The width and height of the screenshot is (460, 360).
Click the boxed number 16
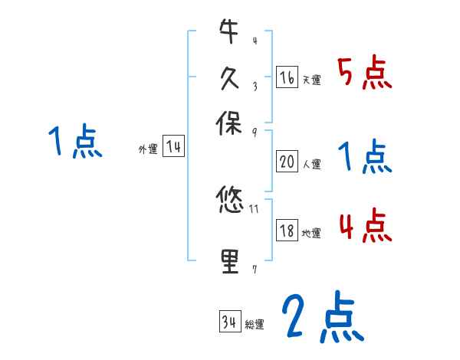[x=287, y=78]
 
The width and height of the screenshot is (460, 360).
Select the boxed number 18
[x=287, y=231]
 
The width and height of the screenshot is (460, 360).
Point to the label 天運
[x=311, y=80]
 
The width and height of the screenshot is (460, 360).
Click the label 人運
[x=311, y=163]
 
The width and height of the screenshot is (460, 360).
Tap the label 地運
[x=311, y=233]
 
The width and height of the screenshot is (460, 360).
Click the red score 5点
[x=364, y=73]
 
